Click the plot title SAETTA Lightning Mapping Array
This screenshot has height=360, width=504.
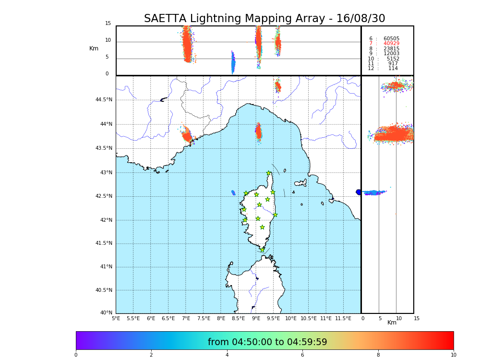tap(264, 19)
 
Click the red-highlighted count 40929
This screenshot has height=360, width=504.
tap(391, 44)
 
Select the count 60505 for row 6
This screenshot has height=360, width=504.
tap(391, 39)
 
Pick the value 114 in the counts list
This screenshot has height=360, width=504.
tap(393, 69)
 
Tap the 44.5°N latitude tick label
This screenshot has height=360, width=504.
tap(104, 100)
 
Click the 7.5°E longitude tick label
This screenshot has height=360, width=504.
tap(204, 318)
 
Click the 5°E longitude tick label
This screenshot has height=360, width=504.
tap(116, 318)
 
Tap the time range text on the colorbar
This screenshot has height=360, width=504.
tap(267, 342)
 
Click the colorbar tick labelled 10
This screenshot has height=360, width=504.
tap(453, 355)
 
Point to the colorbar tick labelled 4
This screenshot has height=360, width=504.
tap(227, 355)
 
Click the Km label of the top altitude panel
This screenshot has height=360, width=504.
tap(94, 48)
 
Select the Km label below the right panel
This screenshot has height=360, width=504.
tap(392, 323)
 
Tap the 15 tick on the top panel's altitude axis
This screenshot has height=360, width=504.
tap(108, 24)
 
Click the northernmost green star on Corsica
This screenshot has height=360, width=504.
tap(269, 173)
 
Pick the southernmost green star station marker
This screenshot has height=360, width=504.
tap(263, 250)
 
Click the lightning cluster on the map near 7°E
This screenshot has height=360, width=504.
tap(187, 135)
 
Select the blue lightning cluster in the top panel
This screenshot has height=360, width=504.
tap(233, 63)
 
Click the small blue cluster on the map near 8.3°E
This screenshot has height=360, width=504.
tap(233, 193)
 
